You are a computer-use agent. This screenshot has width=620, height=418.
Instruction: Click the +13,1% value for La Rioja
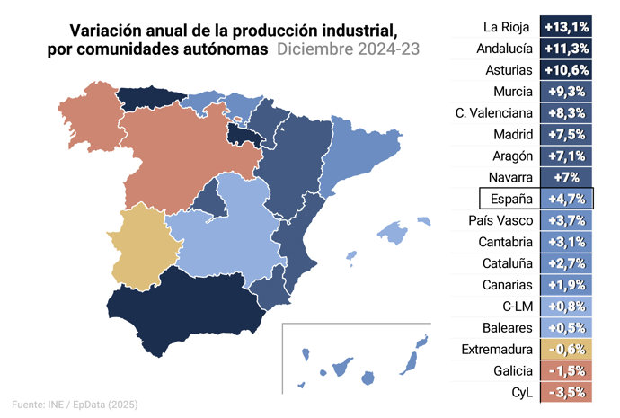[566, 25]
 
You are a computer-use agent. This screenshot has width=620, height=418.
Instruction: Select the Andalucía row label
[503, 48]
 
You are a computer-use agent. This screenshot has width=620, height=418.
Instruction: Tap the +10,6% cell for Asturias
[566, 69]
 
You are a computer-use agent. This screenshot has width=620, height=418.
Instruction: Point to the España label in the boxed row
[507, 199]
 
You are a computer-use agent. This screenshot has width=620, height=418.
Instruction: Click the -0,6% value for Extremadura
[566, 350]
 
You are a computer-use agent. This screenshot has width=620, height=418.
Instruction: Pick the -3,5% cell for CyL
[566, 393]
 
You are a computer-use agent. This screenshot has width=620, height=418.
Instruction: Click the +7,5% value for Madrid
[566, 134]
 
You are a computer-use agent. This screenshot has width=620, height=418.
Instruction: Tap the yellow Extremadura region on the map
[139, 243]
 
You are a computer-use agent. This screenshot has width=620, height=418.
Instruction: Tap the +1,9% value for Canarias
[566, 285]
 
